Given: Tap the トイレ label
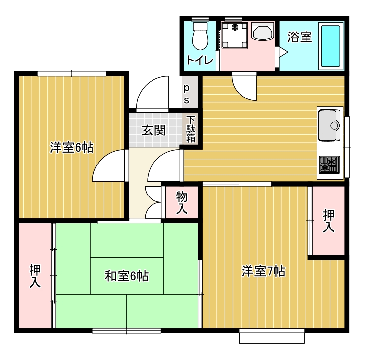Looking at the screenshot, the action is click(200, 60).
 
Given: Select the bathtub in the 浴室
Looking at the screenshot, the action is click(331, 46).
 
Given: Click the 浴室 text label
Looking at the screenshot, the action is click(300, 37).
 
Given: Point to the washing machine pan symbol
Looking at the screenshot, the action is click(235, 35).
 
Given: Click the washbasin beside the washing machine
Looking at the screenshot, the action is click(263, 32).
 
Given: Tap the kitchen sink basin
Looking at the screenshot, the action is click(329, 126).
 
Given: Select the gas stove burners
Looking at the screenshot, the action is click(329, 164).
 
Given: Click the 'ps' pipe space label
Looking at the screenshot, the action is click(187, 94).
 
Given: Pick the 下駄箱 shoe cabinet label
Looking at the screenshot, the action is click(191, 130).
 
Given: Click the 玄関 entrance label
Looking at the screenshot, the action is click(154, 131).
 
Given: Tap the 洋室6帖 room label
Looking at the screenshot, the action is click(72, 148).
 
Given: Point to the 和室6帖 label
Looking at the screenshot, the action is click(126, 276).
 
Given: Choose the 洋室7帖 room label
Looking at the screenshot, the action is click(264, 271).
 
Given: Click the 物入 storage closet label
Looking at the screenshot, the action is click(182, 202).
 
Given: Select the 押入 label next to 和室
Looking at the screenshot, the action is click(35, 276).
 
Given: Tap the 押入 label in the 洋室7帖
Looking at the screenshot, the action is click(329, 221).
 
